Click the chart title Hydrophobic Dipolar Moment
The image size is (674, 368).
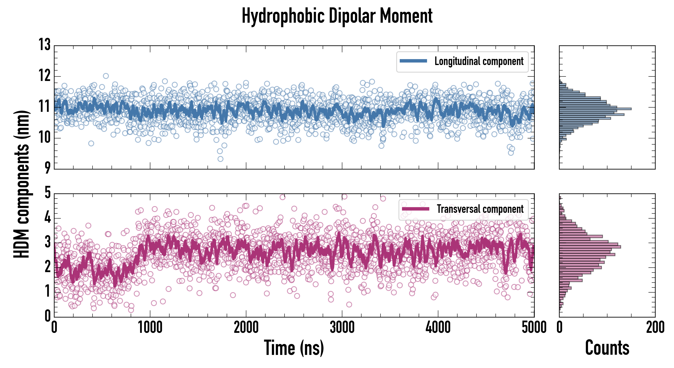(x=337, y=16)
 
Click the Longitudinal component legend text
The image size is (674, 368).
(x=479, y=61)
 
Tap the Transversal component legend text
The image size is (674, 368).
(x=480, y=209)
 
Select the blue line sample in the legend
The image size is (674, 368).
(x=413, y=61)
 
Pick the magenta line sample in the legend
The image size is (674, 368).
(x=415, y=209)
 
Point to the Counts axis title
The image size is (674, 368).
(x=607, y=348)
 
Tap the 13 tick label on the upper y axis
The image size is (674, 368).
(x=45, y=45)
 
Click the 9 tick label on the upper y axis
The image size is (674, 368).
(x=47, y=168)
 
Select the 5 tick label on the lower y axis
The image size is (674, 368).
(x=47, y=193)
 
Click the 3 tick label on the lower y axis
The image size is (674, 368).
(x=47, y=242)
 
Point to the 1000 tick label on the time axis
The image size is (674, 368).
(x=150, y=327)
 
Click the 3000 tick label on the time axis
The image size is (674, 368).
(x=342, y=327)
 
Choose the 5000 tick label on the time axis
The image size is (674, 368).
(x=534, y=327)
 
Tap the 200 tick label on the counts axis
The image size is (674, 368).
(x=655, y=327)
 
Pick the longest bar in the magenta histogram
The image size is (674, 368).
(x=590, y=247)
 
